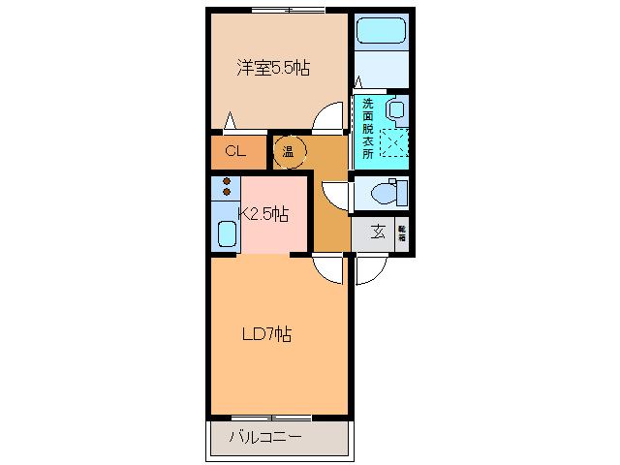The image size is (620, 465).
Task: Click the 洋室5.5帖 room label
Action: [274, 69]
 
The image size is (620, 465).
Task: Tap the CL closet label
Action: [234, 151]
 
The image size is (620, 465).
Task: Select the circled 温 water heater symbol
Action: [289, 151]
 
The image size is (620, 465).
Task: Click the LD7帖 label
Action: [266, 334]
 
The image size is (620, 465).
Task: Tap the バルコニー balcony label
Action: [265, 437]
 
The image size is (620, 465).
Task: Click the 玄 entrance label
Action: [376, 232]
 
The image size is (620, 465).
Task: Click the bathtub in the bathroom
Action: [381, 30]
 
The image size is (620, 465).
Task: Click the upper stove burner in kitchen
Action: [227, 180]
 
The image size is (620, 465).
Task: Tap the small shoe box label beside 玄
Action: [401, 232]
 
